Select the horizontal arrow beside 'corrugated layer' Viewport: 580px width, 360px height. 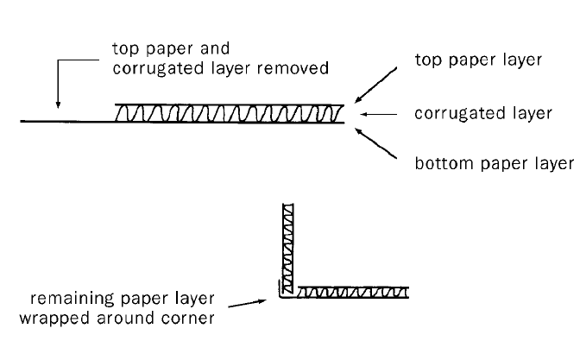376,114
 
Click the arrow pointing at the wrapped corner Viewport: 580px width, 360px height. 259,303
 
